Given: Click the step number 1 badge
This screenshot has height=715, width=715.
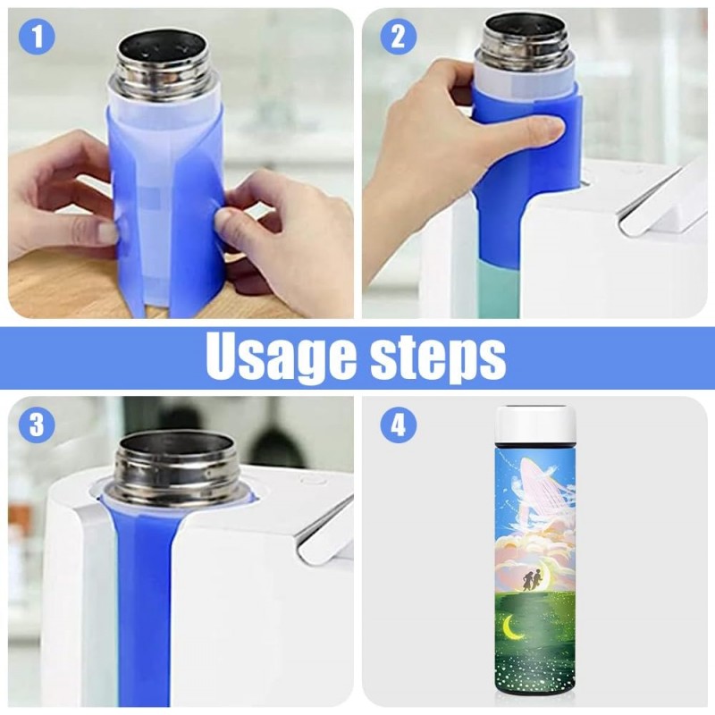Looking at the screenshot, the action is tap(37, 36).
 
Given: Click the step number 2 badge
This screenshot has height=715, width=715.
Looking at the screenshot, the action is tap(398, 36).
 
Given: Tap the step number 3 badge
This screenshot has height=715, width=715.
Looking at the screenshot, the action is tap(37, 425).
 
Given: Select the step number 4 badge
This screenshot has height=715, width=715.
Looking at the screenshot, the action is tap(398, 425).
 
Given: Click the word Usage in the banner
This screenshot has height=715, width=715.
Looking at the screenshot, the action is tap(281, 358).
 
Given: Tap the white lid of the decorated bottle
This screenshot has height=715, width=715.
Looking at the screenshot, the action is tap(535, 424).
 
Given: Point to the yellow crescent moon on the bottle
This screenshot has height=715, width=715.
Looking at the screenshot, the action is tap(512, 626).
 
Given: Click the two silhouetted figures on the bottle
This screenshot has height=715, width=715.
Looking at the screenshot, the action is tap(531, 579).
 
